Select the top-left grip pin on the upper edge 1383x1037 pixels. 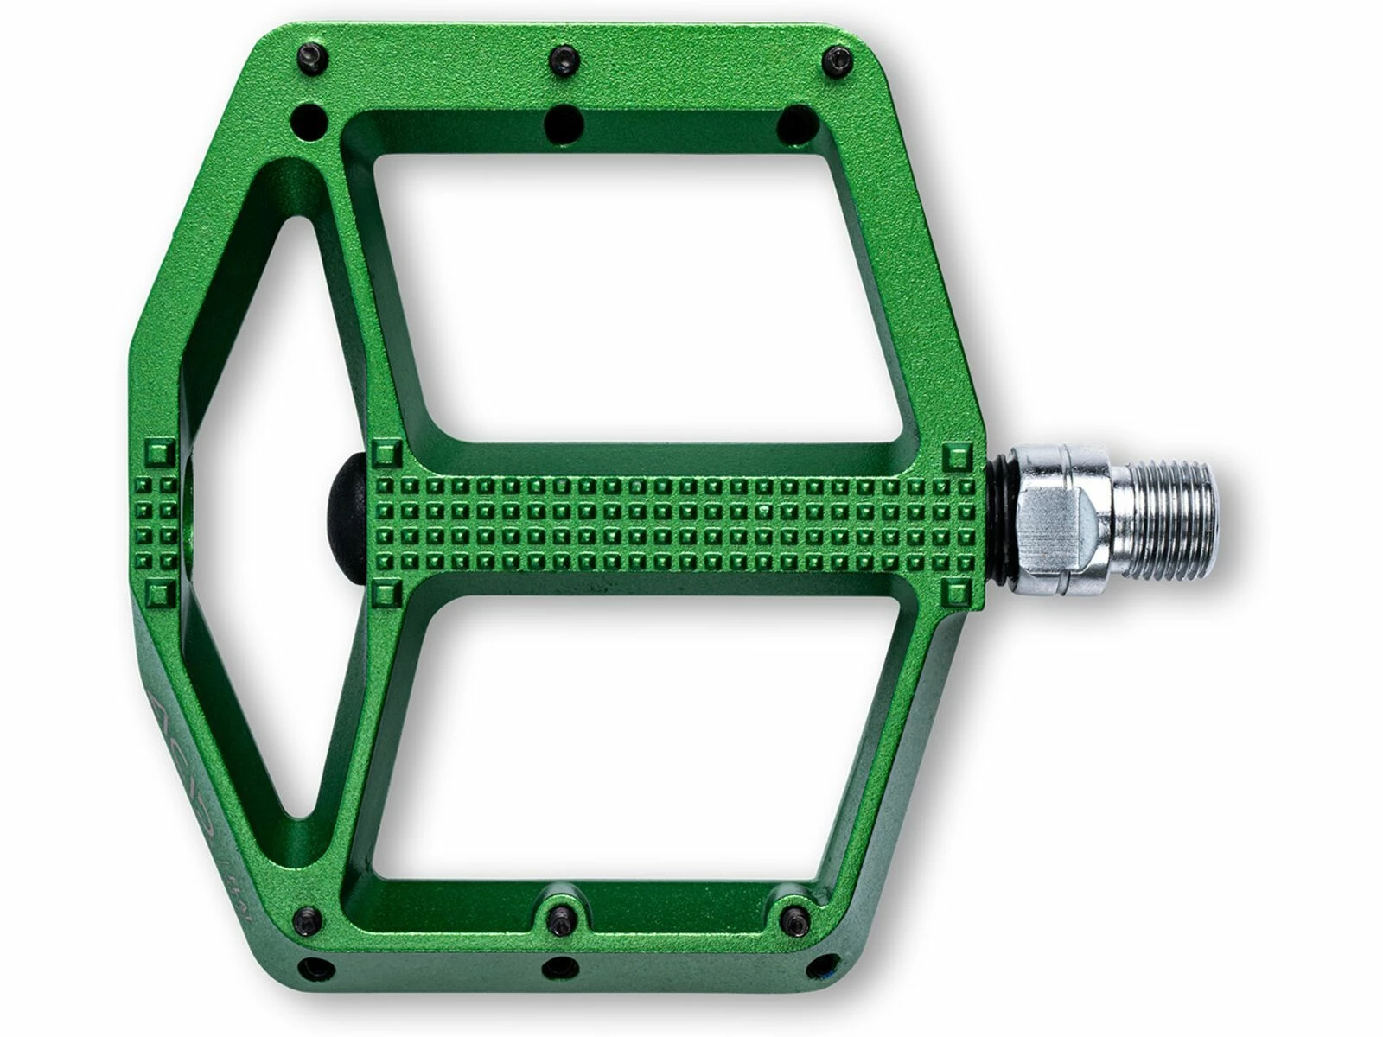pos(312,58)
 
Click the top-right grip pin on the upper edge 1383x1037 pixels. pos(836,61)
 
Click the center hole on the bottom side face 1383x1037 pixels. pos(560,968)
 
